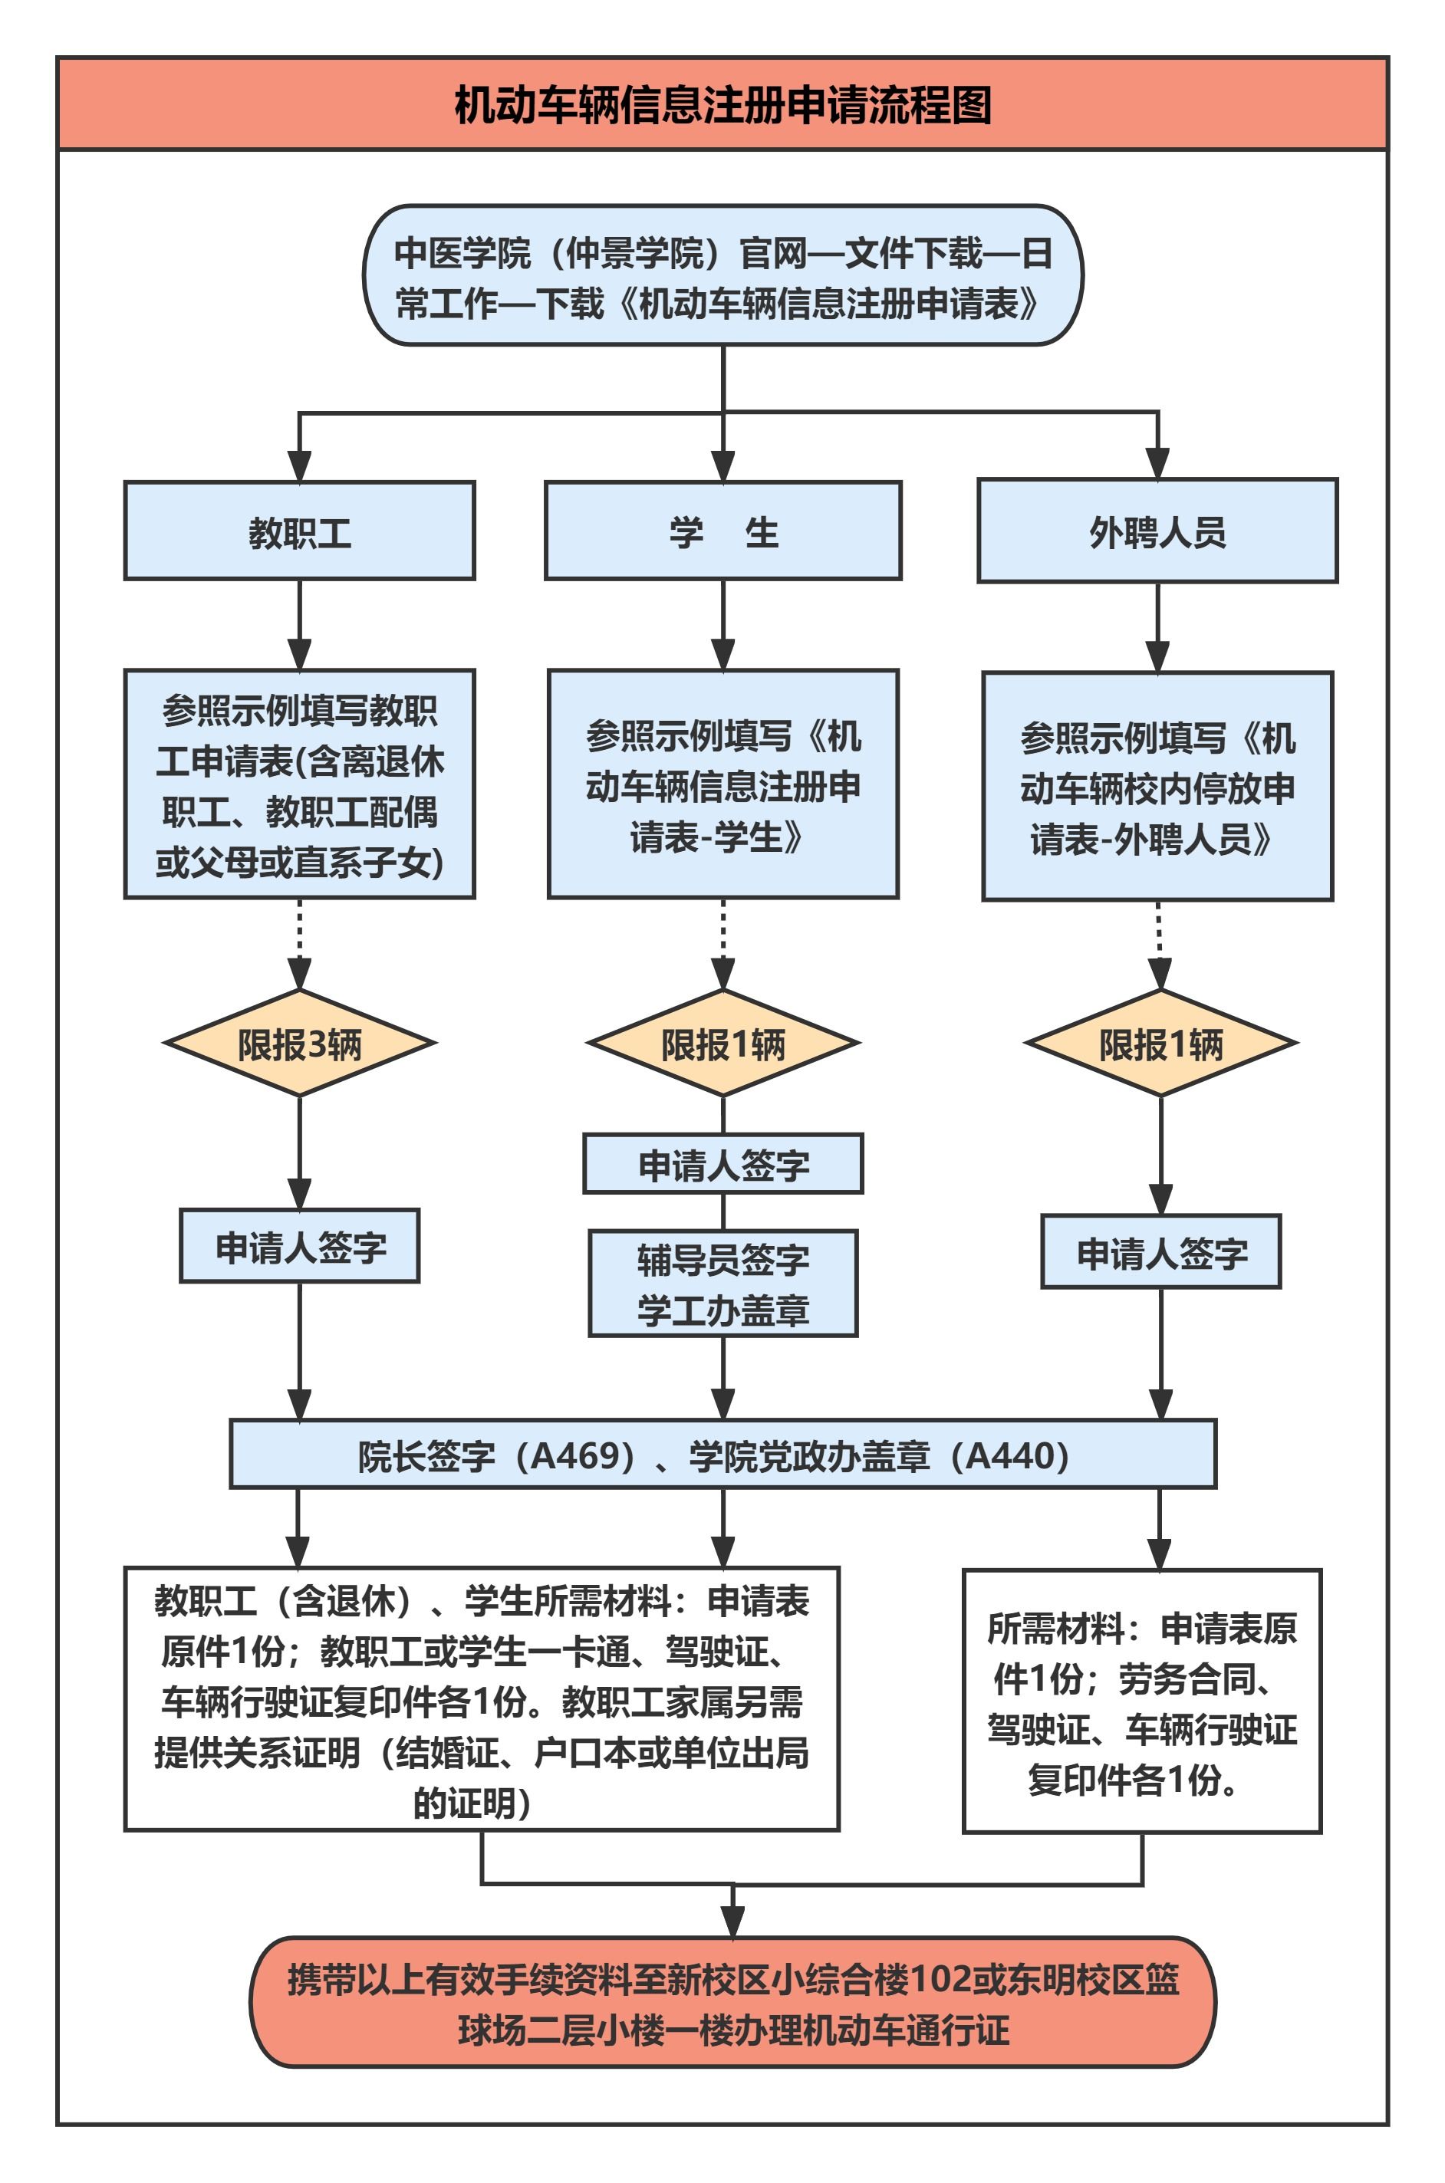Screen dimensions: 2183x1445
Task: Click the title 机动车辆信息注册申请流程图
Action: pyautogui.click(x=722, y=104)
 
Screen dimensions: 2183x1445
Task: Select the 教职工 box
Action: pyautogui.click(x=299, y=531)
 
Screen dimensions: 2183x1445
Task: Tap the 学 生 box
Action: pyautogui.click(x=722, y=531)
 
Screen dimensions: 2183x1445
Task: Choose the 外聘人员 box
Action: pyautogui.click(x=1157, y=531)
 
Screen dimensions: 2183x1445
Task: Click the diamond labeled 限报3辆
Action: pyautogui.click(x=299, y=1044)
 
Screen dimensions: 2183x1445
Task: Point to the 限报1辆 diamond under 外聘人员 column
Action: pyautogui.click(x=1160, y=1044)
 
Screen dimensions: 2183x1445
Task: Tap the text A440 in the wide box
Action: pyautogui.click(x=1009, y=1455)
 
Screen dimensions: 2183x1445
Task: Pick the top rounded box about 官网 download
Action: pyautogui.click(x=722, y=275)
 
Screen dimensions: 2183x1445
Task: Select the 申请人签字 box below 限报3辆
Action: pyautogui.click(x=299, y=1246)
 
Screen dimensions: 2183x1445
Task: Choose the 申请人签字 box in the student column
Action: pyautogui.click(x=722, y=1164)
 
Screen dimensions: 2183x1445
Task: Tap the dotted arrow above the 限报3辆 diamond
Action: pyautogui.click(x=299, y=942)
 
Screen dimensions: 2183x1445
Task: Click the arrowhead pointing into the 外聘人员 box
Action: pyautogui.click(x=1157, y=463)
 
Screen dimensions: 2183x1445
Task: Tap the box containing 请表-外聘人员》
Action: pyautogui.click(x=1157, y=787)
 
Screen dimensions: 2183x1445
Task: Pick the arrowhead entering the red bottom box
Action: pyautogui.click(x=732, y=1923)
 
